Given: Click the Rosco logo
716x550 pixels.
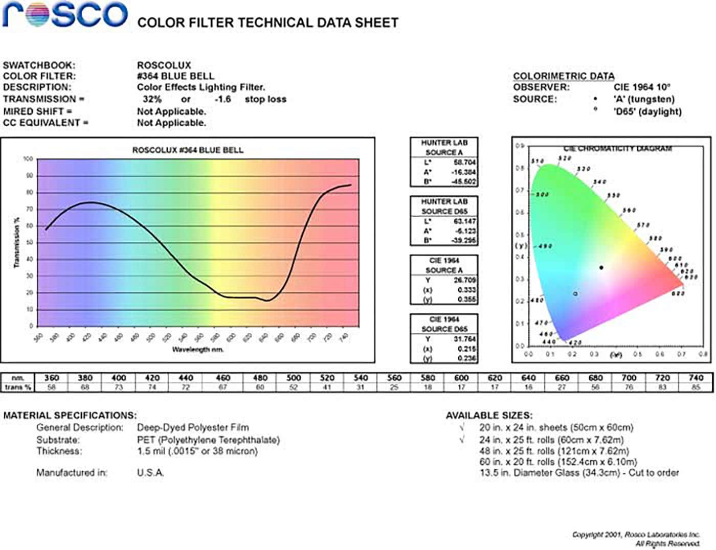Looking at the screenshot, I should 65,14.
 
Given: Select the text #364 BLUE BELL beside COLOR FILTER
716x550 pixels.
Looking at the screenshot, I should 175,76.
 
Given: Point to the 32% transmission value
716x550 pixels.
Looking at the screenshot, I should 152,99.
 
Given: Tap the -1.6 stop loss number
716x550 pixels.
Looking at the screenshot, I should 222,99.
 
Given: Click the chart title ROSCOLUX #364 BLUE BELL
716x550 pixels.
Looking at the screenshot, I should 188,150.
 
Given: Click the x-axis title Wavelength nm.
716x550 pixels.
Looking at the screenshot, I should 197,350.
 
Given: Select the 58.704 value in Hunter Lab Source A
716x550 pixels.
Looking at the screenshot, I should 464,163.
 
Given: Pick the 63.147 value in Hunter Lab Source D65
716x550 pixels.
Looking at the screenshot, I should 464,221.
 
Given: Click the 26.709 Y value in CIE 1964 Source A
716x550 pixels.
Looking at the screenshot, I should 464,280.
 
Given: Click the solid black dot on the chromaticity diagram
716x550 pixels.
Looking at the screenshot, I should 601,267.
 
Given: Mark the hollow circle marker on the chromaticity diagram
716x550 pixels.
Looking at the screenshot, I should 575,294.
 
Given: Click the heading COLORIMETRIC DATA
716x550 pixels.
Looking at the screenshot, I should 564,76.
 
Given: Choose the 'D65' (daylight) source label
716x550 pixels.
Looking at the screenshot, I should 647,111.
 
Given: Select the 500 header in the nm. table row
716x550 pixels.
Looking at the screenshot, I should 293,378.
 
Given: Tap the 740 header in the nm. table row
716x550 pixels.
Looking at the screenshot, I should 696,378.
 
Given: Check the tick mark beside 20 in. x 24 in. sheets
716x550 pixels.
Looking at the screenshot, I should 462,427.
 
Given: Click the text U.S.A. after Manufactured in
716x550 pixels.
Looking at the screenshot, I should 150,473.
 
